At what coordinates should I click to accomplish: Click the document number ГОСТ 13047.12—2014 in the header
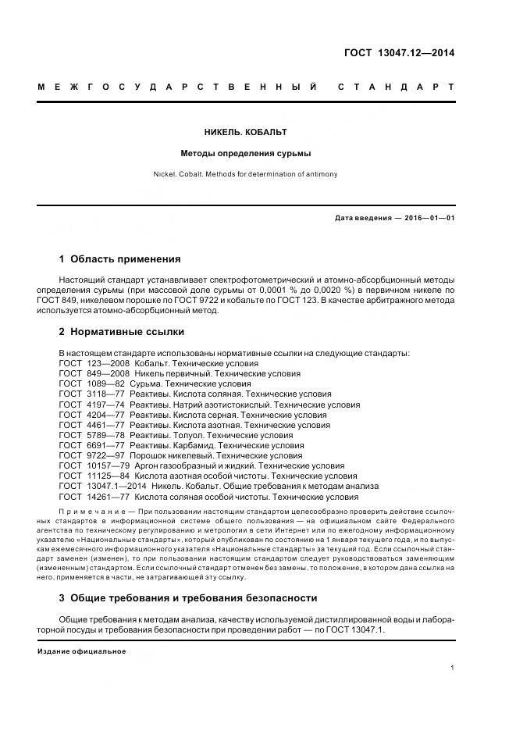[400, 54]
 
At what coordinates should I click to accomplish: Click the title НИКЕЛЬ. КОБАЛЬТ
[246, 133]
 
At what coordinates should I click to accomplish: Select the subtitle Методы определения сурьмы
[246, 154]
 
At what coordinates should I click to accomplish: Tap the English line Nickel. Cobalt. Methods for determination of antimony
[246, 174]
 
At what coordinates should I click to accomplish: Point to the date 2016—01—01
[429, 218]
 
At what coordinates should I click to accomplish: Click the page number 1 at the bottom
[453, 668]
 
